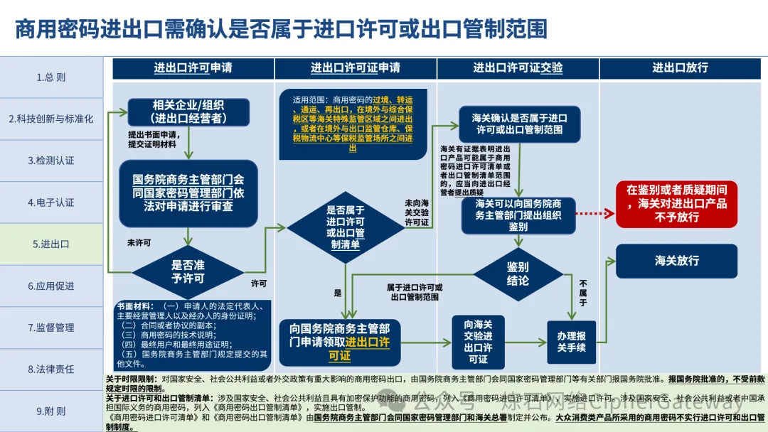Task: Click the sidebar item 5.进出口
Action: [x=51, y=244]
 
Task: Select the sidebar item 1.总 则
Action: [x=51, y=77]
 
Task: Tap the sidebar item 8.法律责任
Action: [x=51, y=369]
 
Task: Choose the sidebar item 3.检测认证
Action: [x=51, y=161]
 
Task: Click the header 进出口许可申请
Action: [x=193, y=68]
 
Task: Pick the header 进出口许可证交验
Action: [x=518, y=68]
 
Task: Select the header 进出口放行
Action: [x=680, y=68]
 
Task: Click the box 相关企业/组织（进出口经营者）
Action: [x=188, y=112]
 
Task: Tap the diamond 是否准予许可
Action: [x=188, y=271]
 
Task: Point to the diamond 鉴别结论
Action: [x=518, y=274]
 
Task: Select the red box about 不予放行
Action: [x=676, y=204]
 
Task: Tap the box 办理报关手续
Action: [x=571, y=342]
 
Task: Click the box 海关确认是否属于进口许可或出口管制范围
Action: [x=518, y=124]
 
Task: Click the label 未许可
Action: [x=139, y=243]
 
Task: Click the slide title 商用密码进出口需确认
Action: [x=281, y=29]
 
